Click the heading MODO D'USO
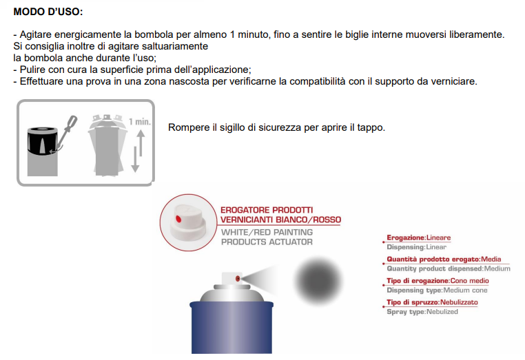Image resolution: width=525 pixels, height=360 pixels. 48,12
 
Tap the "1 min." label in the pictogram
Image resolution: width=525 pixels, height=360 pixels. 139,121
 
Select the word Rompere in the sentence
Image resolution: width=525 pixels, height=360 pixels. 188,128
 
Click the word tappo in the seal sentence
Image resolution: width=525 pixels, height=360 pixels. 369,128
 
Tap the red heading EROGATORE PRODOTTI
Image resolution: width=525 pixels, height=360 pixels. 267,210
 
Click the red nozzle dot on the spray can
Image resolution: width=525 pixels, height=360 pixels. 238,279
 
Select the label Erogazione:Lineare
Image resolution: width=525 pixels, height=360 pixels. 418,237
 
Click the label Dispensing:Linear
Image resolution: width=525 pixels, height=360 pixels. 416,246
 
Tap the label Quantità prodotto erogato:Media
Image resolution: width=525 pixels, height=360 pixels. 444,259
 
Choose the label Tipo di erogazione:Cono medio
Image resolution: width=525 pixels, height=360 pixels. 436,281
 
